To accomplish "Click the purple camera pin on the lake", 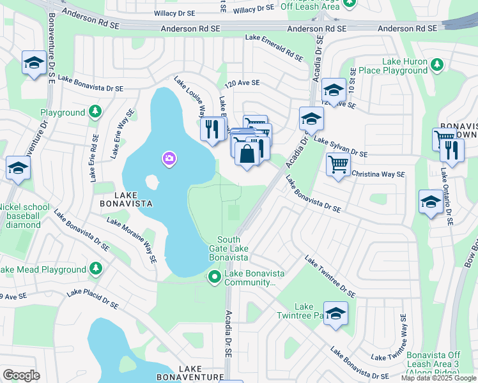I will tap(169, 158).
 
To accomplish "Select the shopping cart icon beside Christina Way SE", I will tap(338, 164).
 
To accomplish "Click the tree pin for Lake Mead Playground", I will tap(95, 269).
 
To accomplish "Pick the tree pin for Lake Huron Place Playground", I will tap(437, 65).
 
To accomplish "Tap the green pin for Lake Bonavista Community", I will tap(215, 276).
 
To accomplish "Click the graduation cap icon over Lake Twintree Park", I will tap(335, 313).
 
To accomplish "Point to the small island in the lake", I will tap(152, 183).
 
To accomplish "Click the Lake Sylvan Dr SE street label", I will tap(341, 147).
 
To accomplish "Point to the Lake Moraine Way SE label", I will tap(132, 240).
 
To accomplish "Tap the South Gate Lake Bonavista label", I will tap(228, 248).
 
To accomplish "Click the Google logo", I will tap(21, 375).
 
